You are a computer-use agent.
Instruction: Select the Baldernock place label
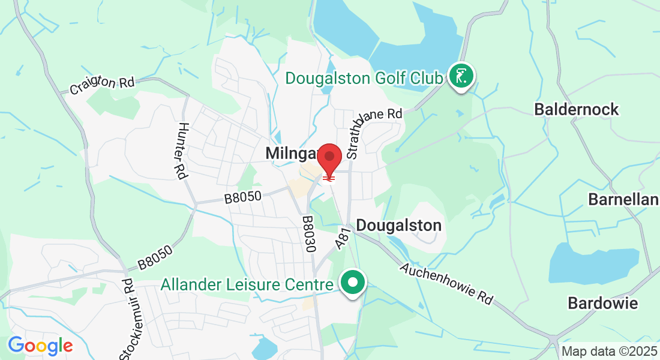576,109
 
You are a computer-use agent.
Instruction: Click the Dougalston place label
398,226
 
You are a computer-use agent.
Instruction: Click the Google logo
40,346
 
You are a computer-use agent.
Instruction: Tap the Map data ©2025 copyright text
609,352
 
